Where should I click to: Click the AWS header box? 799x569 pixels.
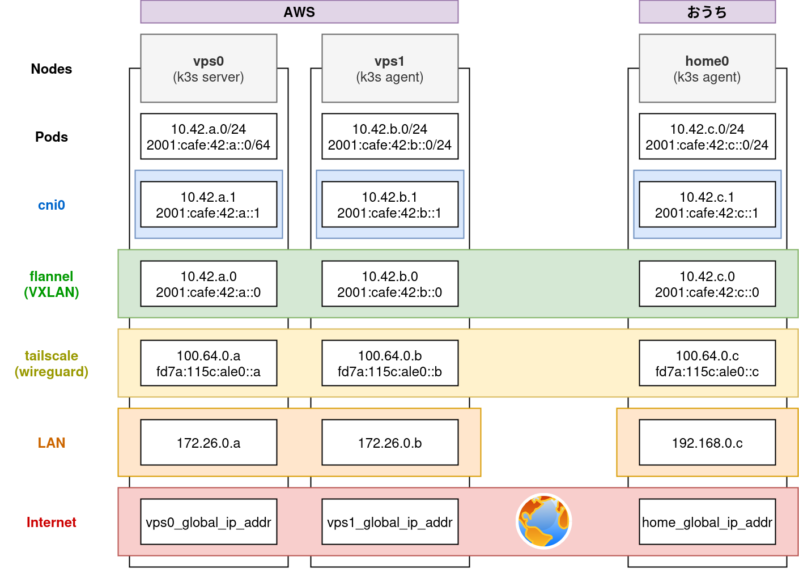(299, 12)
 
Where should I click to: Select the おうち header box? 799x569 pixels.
(707, 12)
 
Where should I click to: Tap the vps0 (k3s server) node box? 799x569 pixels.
(209, 69)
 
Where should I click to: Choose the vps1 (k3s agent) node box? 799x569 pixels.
(390, 69)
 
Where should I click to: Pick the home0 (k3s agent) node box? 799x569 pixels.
(707, 69)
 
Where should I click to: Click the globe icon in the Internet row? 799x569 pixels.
(543, 521)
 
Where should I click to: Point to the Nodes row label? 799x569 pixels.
(52, 69)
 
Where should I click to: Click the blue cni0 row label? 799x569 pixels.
(52, 205)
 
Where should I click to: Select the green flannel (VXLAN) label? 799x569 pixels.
(52, 284)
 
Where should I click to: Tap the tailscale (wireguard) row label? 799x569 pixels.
(52, 364)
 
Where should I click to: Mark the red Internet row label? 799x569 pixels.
(52, 523)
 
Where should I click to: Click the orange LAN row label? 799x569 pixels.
(52, 443)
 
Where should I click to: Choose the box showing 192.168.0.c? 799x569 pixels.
(707, 443)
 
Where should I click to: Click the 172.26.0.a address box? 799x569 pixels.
(209, 443)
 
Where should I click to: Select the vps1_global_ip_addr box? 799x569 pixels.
(390, 522)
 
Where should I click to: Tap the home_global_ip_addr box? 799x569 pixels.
(707, 522)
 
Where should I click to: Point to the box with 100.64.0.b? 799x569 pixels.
(390, 363)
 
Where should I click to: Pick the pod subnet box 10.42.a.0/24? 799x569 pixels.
(209, 137)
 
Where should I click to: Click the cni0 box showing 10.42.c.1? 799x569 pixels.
(707, 205)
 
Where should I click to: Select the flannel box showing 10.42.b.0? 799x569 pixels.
(390, 284)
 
